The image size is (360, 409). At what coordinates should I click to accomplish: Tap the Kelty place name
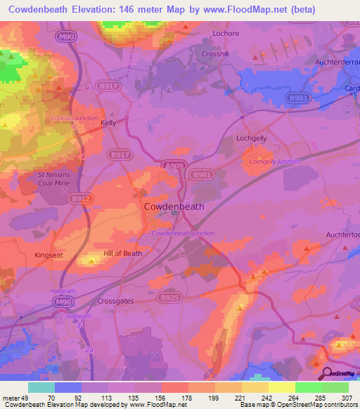pyautogui.click(x=108, y=122)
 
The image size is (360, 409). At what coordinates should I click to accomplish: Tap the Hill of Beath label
pyautogui.click(x=123, y=253)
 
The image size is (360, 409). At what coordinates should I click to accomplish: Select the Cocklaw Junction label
pyautogui.click(x=74, y=118)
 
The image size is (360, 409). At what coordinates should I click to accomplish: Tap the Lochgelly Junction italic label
pyautogui.click(x=274, y=162)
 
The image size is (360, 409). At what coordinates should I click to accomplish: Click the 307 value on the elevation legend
pyautogui.click(x=342, y=397)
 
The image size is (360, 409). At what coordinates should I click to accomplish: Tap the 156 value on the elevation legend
pyautogui.click(x=161, y=397)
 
